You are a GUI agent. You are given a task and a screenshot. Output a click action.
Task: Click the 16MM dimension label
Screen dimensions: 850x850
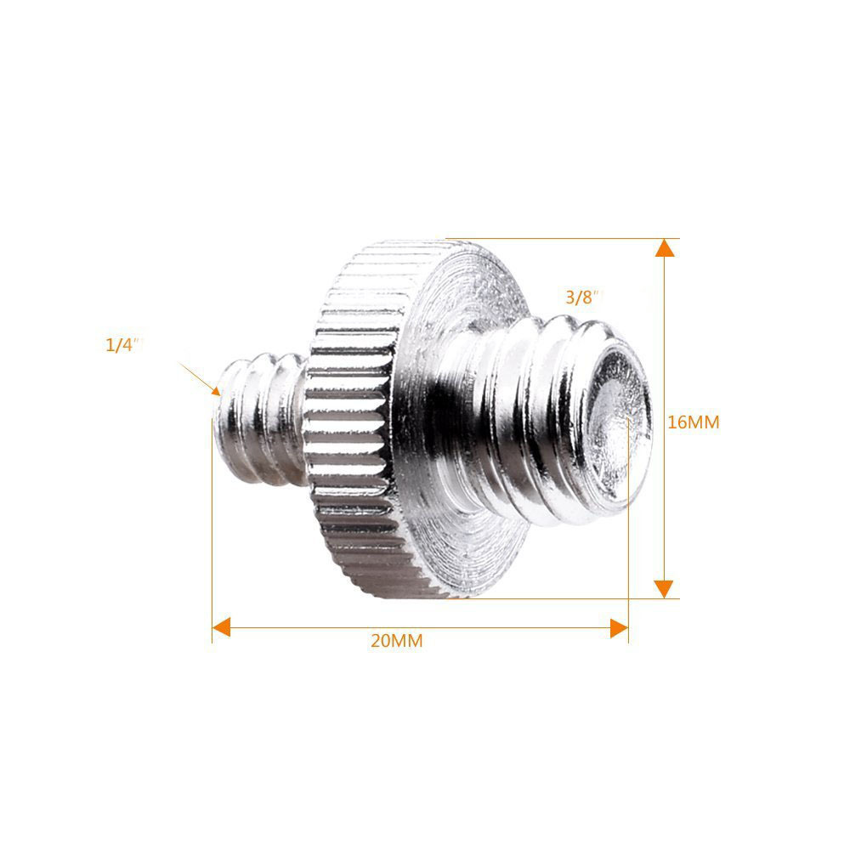(694, 422)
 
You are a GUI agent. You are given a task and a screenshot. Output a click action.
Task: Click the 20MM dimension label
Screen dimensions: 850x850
(396, 642)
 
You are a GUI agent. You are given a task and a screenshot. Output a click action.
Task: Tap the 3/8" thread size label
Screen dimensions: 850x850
(584, 297)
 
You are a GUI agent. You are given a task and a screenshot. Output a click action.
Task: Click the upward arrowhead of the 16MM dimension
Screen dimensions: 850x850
(665, 248)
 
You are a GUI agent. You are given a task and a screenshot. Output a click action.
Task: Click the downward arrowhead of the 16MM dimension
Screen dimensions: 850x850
(665, 588)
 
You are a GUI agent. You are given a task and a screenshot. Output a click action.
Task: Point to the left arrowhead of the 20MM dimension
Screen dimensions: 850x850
(222, 627)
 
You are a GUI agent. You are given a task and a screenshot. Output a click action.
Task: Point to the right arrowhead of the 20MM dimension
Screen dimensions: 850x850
(619, 627)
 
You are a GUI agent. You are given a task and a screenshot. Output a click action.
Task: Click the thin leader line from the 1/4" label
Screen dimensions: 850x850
(197, 377)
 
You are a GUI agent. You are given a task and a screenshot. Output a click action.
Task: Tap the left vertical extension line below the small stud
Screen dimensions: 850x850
(212, 544)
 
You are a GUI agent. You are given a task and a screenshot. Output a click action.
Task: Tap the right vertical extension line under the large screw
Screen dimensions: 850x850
(628, 561)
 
